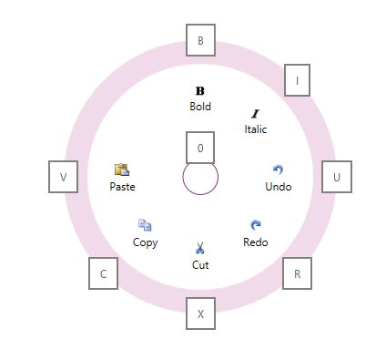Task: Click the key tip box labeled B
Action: click(x=200, y=39)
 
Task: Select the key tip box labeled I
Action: click(x=298, y=80)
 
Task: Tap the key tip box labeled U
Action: click(x=337, y=177)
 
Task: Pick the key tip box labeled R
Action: click(x=297, y=273)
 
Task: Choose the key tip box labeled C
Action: click(x=103, y=273)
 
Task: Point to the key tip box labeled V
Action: click(x=63, y=177)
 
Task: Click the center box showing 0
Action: click(x=200, y=147)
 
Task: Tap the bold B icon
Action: click(x=200, y=90)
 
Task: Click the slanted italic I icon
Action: click(x=256, y=114)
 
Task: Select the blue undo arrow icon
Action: click(x=278, y=170)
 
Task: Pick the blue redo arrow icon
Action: click(x=256, y=225)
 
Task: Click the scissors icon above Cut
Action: click(x=200, y=248)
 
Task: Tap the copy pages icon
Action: click(x=145, y=225)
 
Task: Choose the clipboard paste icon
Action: click(x=122, y=170)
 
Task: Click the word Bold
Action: click(x=200, y=107)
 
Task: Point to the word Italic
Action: click(x=256, y=129)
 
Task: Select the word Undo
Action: click(x=279, y=187)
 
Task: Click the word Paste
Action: click(x=122, y=187)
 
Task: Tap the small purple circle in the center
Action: click(x=200, y=179)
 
